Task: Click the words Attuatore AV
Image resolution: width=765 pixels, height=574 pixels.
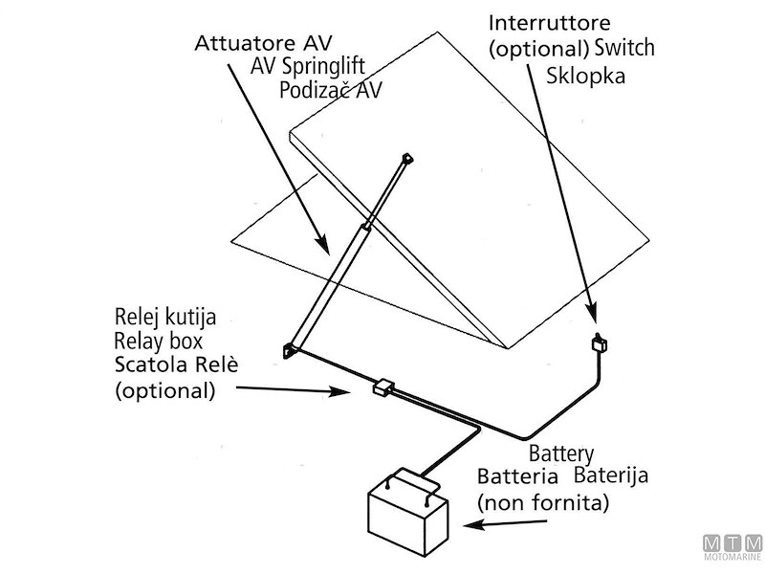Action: pos(262,44)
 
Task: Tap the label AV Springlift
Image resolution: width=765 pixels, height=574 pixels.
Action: pos(309,67)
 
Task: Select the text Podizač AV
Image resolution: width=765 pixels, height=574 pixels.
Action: pos(331,90)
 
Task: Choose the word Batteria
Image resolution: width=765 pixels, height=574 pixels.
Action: pos(516,476)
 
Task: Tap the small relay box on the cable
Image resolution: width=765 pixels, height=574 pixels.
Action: pos(384,387)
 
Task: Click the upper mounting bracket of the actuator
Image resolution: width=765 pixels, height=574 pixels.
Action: pos(406,158)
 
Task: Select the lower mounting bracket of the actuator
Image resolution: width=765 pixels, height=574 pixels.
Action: pos(288,351)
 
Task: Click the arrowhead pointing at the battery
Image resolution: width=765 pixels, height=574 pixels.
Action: pos(468,525)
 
